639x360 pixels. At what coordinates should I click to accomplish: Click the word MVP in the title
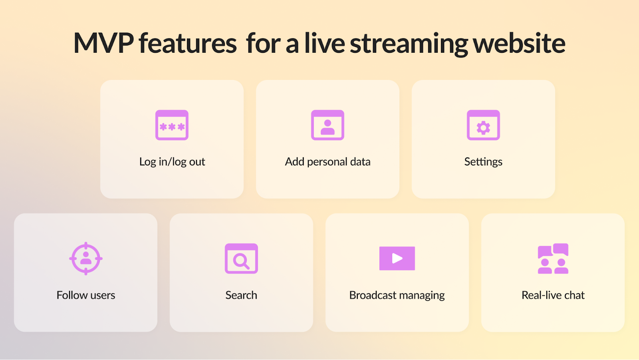(103, 43)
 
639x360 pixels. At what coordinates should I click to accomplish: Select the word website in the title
(519, 43)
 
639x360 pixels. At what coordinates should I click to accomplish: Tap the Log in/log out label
(172, 162)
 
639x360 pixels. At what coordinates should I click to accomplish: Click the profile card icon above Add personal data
(327, 125)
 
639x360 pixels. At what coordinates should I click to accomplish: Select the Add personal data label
(327, 162)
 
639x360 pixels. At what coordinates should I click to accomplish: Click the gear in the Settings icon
(483, 128)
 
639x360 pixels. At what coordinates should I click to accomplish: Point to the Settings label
(483, 162)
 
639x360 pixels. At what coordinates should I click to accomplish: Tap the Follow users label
(86, 295)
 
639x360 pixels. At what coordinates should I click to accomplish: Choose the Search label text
(241, 295)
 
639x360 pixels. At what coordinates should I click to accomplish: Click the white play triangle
(397, 259)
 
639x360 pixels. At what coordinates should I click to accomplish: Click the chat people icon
(553, 259)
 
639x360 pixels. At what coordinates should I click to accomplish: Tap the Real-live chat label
(553, 295)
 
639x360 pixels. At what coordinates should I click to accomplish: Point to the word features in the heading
(188, 43)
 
